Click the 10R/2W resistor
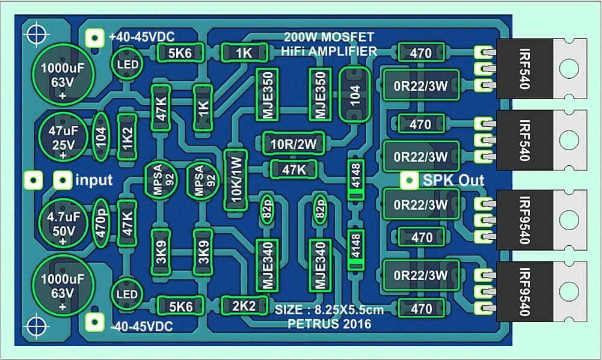click(293, 144)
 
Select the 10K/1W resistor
click(235, 180)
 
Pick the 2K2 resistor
click(244, 306)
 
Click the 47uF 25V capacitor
click(63, 137)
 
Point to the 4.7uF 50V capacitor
click(63, 223)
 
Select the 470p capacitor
click(101, 222)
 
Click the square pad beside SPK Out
click(410, 180)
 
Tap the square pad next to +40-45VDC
click(94, 38)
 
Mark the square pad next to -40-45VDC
click(94, 322)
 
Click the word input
click(94, 180)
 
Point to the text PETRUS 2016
click(330, 324)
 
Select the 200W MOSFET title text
click(328, 37)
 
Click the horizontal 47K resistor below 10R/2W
click(294, 169)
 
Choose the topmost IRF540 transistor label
click(525, 69)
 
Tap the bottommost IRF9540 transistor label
click(525, 292)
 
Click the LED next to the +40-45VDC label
click(127, 64)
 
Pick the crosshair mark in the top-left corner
click(37, 34)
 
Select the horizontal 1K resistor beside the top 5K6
click(244, 52)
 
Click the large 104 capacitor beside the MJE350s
click(355, 95)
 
